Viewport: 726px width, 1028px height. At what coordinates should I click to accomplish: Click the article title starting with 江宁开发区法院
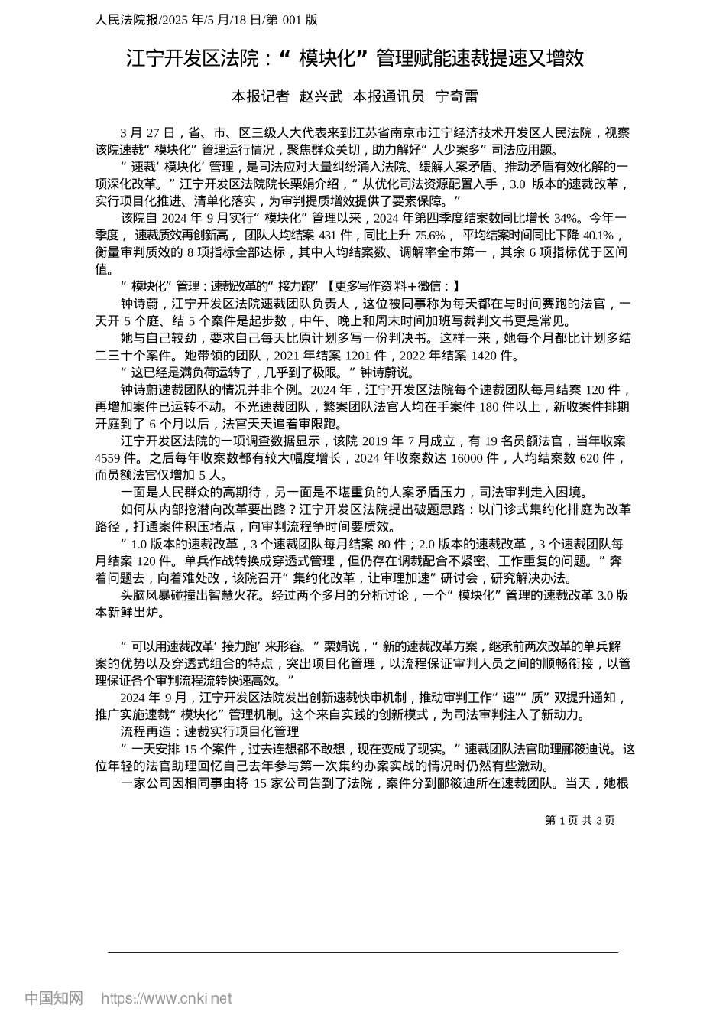[355, 58]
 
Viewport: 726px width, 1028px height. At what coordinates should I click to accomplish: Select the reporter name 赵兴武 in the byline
[321, 96]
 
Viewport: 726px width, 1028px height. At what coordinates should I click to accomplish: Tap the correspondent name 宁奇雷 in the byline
[456, 96]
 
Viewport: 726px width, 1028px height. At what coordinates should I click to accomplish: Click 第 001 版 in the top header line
[292, 20]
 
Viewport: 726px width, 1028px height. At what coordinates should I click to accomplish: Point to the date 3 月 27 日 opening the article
[148, 133]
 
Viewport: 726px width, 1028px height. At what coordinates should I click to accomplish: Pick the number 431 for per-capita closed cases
[328, 235]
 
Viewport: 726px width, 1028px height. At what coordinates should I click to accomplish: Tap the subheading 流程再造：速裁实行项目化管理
[209, 732]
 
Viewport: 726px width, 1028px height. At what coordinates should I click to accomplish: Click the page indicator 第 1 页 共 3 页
[579, 820]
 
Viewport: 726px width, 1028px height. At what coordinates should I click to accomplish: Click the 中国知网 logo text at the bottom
[54, 998]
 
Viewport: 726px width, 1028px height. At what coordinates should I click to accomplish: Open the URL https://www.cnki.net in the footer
[167, 998]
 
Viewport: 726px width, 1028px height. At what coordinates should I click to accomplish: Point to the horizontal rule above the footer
[363, 952]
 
